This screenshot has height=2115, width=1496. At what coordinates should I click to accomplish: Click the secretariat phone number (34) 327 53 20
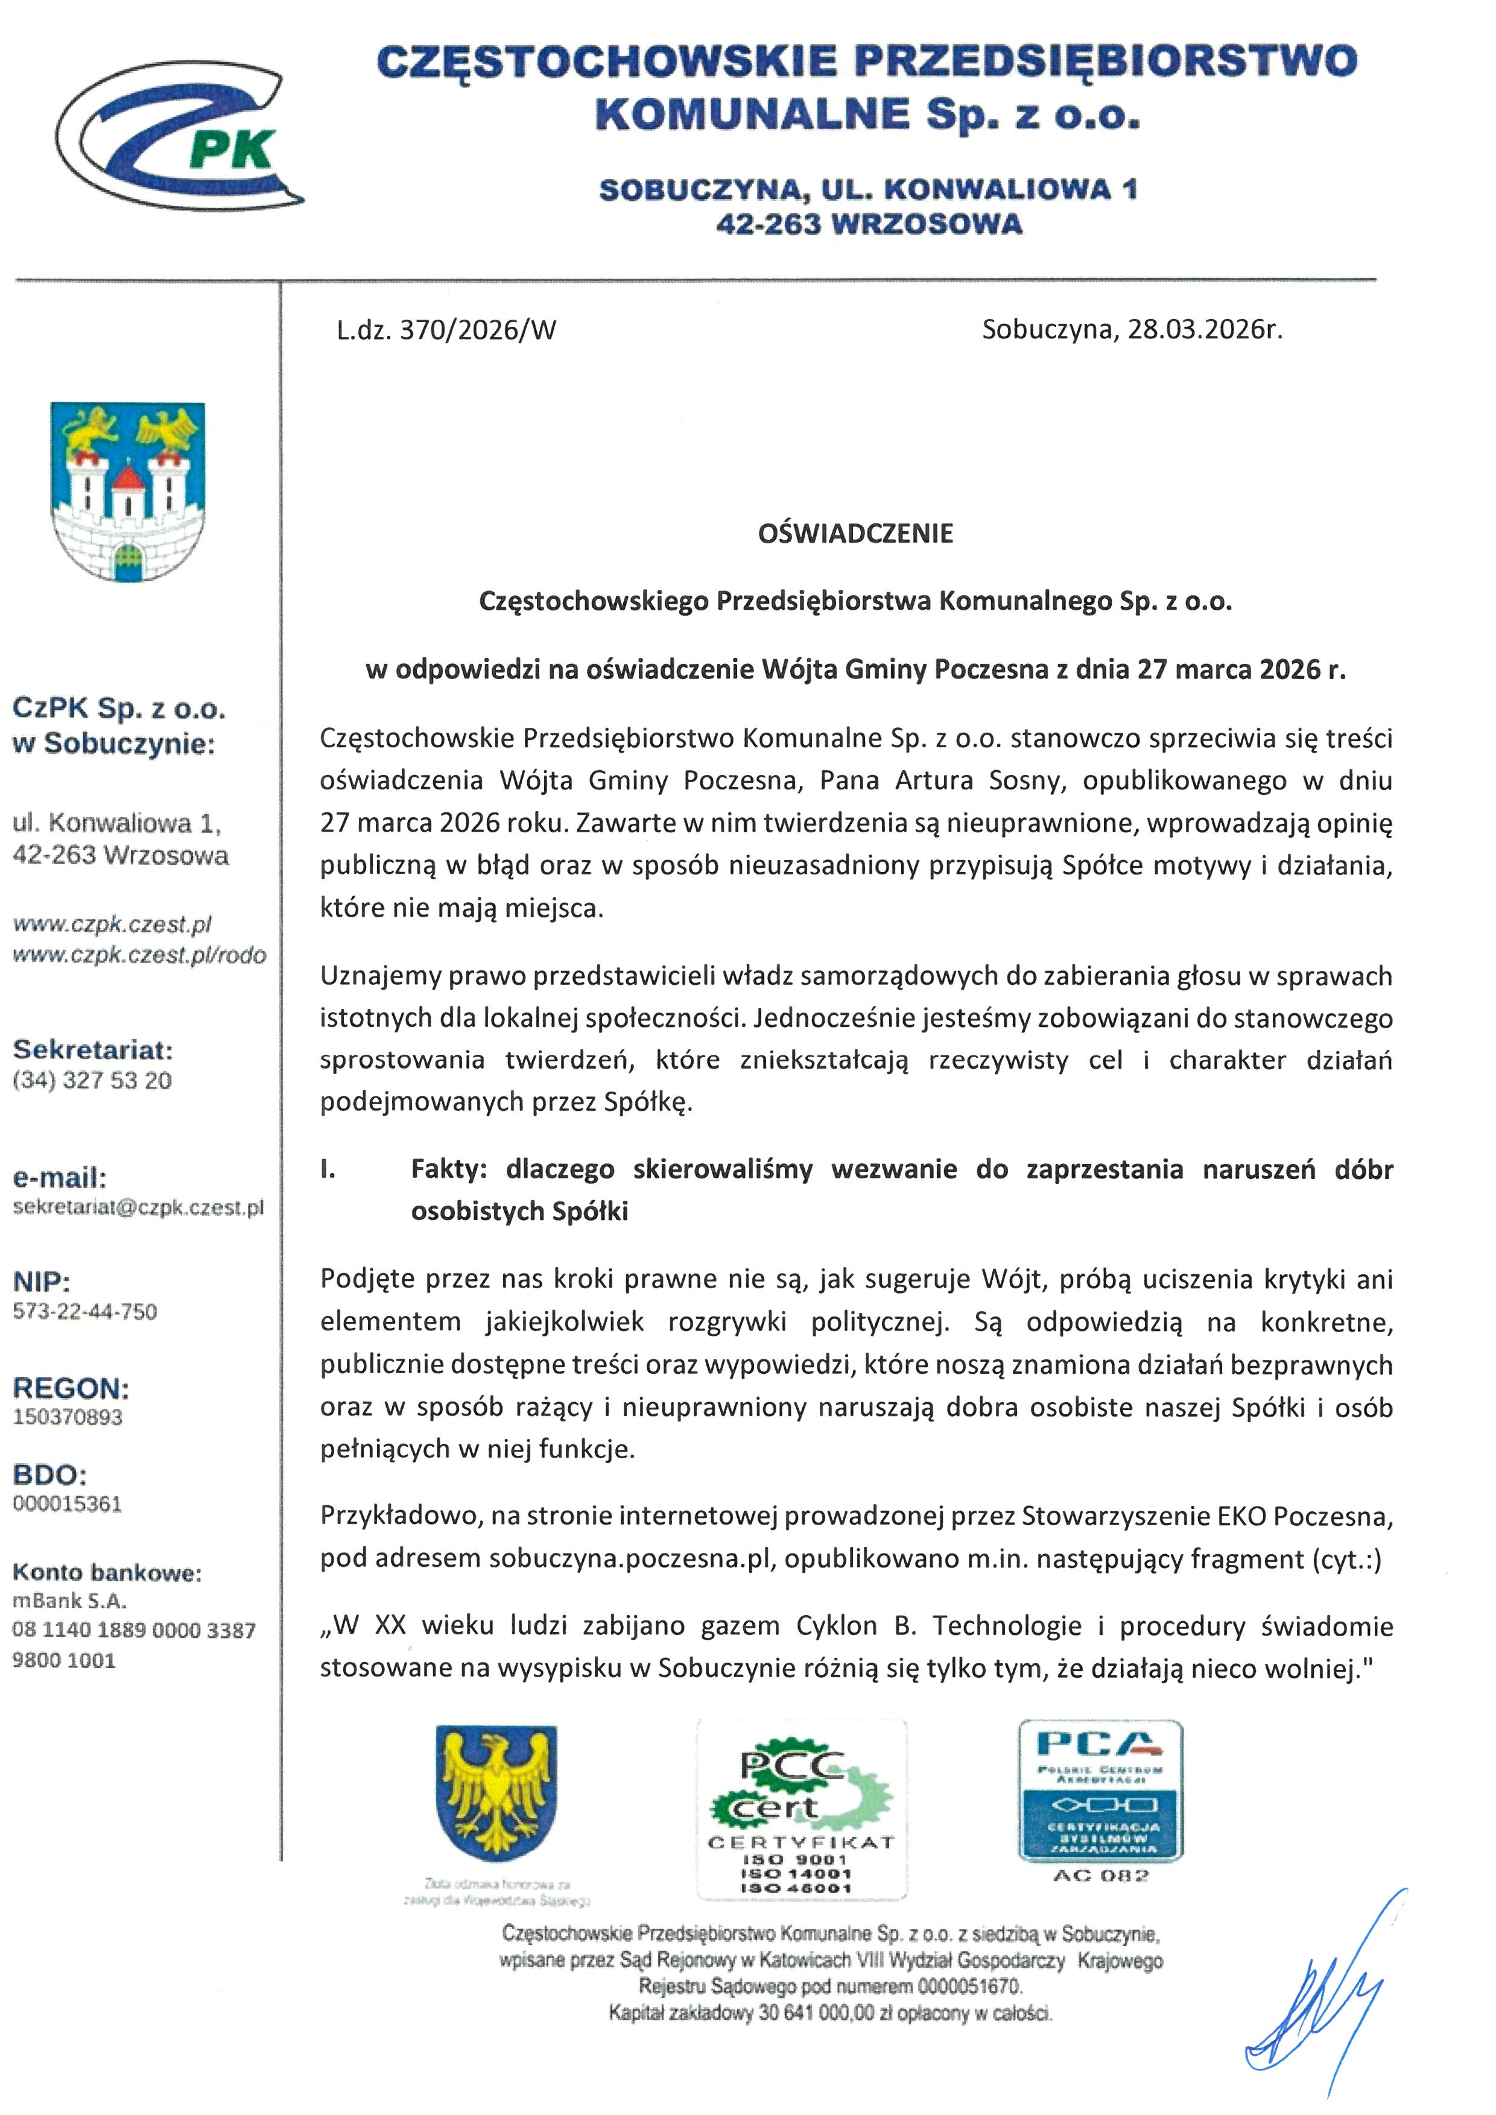coord(92,1081)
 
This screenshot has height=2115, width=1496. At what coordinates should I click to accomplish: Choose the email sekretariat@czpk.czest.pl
coord(138,1207)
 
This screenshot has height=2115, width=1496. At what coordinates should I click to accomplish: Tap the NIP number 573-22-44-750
coord(84,1311)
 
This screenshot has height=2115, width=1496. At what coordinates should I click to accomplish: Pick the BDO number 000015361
coord(67,1503)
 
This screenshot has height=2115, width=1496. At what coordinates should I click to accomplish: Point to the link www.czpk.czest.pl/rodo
coord(139,955)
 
